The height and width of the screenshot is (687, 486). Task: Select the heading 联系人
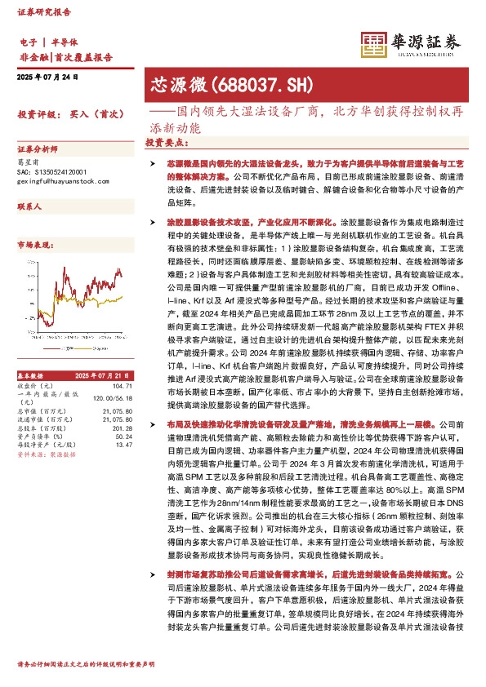(30, 209)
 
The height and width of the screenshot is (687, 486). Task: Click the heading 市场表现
(34, 245)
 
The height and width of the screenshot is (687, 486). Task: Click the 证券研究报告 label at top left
(41, 14)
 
